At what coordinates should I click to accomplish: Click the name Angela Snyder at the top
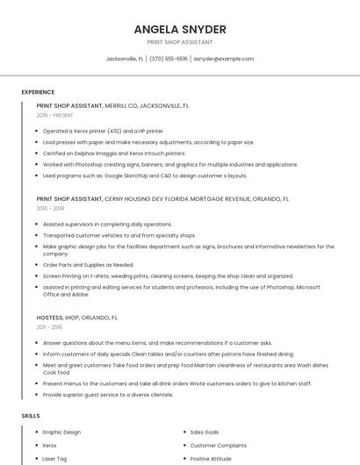[x=180, y=29]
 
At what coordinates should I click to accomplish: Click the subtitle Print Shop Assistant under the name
[x=180, y=42]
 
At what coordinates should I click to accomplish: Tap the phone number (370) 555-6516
[x=169, y=59]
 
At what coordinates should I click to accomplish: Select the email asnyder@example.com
[x=224, y=59]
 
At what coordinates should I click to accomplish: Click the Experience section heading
[x=38, y=92]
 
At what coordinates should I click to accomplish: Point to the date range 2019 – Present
[x=55, y=115]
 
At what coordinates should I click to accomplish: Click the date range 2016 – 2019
[x=50, y=209]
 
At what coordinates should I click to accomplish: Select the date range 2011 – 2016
[x=49, y=326]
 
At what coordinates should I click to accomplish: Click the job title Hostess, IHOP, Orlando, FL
[x=77, y=317]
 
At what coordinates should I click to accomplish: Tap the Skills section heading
[x=31, y=415]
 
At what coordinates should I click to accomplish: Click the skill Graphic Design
[x=61, y=432]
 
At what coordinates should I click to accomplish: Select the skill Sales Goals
[x=205, y=432]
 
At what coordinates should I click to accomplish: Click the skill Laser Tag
[x=55, y=458]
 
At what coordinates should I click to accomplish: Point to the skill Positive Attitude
[x=211, y=458]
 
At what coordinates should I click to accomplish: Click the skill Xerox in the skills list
[x=50, y=445]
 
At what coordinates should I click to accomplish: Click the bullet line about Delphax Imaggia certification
[x=114, y=153]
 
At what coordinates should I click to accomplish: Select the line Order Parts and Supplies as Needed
[x=88, y=265]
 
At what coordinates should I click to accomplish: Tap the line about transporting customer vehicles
[x=119, y=235]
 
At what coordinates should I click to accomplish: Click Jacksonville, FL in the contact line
[x=125, y=59]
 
